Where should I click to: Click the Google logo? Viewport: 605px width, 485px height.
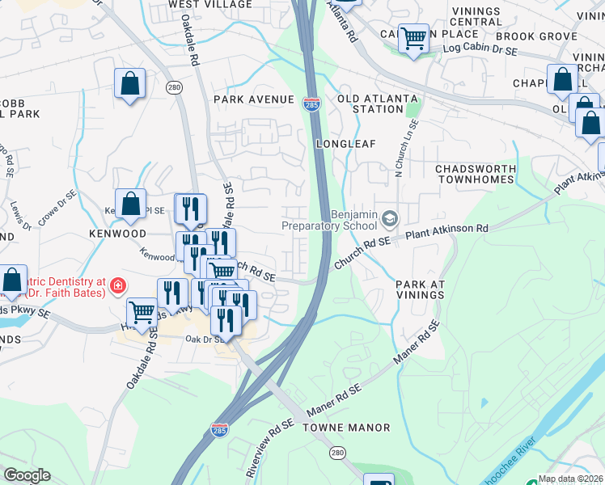pos(27,475)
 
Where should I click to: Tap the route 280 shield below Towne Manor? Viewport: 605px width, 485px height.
pos(336,455)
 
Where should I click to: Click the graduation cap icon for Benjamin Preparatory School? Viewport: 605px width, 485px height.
pos(391,219)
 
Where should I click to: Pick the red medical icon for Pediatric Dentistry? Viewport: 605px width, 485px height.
pos(118,285)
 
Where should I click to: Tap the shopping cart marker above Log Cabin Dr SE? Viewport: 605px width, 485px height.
pos(413,37)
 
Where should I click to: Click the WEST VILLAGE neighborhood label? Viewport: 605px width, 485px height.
pos(210,5)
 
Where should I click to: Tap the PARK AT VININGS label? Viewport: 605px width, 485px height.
pos(420,289)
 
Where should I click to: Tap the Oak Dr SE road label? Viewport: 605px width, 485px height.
pos(203,339)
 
